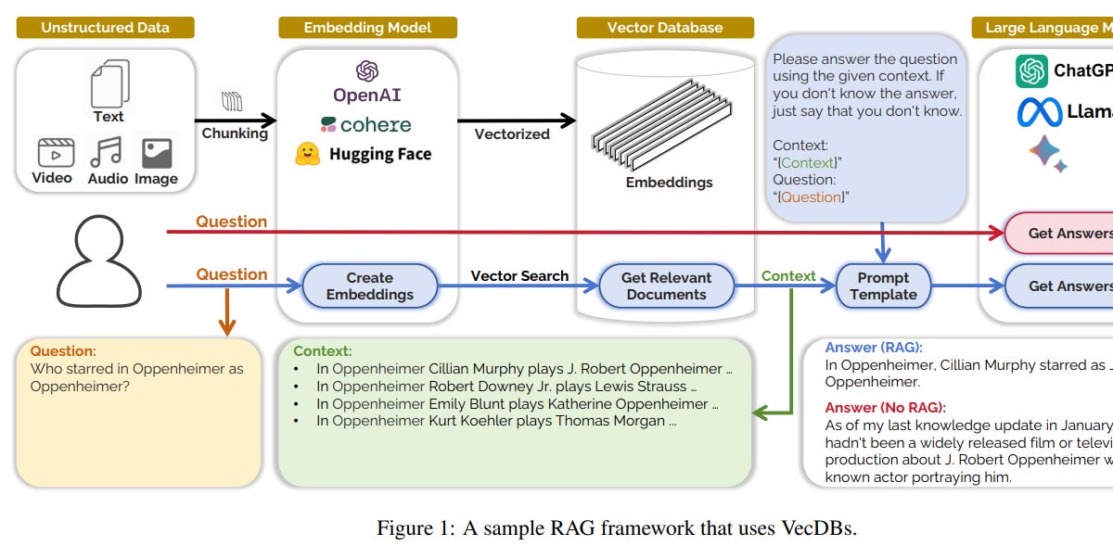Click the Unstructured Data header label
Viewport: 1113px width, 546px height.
105,27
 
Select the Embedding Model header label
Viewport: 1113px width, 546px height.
367,27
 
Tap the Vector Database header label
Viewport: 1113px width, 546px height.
664,27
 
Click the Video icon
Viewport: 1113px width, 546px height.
55,153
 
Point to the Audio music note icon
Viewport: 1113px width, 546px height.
106,152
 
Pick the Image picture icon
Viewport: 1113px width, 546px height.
156,153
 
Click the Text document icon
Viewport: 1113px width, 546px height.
109,84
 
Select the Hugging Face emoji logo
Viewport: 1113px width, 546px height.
308,154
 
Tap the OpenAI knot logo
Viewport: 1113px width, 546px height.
367,70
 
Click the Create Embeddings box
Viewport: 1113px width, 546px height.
369,286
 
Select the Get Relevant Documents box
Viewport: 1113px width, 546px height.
665,286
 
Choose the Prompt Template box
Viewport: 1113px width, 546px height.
883,286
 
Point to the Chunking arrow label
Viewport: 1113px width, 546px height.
235,133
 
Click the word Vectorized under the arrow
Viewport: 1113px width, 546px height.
511,134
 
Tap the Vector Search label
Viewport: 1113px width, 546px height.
518,276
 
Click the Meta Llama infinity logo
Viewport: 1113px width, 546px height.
1039,112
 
